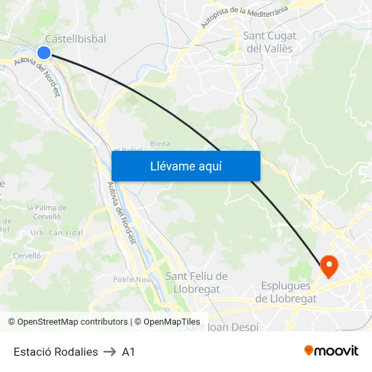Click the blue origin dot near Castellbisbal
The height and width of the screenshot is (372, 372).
[44, 53]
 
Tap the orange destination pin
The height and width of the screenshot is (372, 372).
[329, 266]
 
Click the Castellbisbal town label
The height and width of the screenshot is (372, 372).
[75, 39]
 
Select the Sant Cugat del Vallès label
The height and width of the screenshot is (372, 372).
[269, 42]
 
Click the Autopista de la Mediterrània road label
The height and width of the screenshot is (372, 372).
[244, 17]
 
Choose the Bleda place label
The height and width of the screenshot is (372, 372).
[160, 143]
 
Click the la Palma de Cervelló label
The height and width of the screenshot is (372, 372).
[47, 212]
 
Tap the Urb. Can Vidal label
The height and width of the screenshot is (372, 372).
[47, 233]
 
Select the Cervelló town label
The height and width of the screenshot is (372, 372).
[28, 256]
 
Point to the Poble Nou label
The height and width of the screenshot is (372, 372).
[131, 279]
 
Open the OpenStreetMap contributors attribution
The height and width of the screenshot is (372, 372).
[68, 322]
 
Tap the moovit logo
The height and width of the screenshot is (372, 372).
[331, 351]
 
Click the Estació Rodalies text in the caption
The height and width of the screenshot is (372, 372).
[55, 352]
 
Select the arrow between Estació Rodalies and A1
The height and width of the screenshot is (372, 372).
[110, 352]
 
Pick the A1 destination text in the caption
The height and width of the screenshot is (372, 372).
[129, 352]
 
